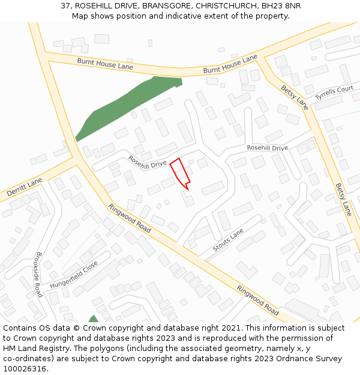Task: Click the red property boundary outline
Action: pos(180,173)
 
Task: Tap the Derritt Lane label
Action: pos(25,188)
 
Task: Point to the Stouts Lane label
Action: pos(229,240)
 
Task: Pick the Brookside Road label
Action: pos(38,274)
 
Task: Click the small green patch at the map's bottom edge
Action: pos(93,319)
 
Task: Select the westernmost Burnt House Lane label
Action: pos(105,64)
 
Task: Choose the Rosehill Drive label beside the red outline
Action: pos(147,161)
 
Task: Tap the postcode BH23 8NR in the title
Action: pos(281,5)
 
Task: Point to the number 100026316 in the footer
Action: pos(25,369)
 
